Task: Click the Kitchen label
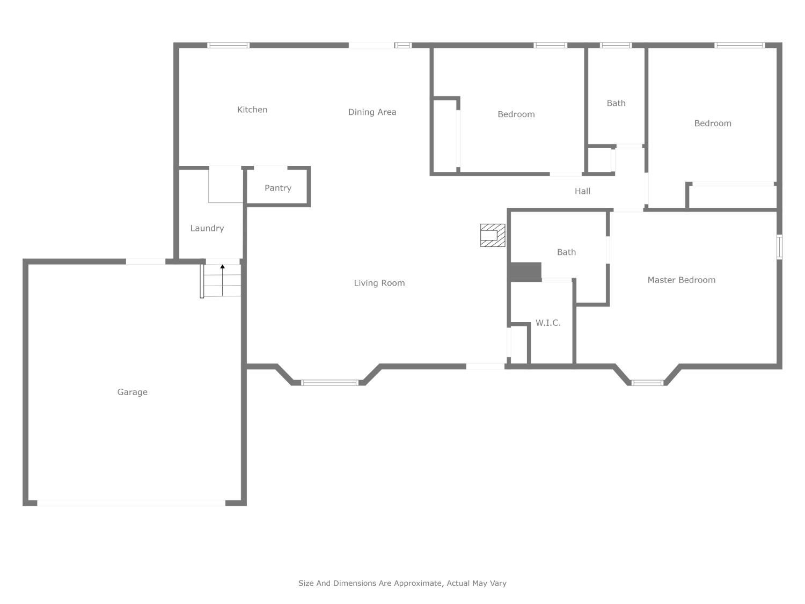[252, 110]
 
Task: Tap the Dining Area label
[372, 112]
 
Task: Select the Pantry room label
[278, 188]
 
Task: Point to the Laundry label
[207, 228]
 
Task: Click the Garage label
[133, 392]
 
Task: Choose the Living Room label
[379, 283]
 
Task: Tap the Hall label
[582, 191]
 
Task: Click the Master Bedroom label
[681, 280]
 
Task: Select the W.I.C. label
[548, 323]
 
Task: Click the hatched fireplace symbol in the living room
[493, 235]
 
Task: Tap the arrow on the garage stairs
[222, 267]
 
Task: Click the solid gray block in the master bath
[525, 272]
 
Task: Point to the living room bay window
[329, 383]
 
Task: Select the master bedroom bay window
[647, 383]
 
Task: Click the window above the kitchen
[229, 46]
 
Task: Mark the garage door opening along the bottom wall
[131, 503]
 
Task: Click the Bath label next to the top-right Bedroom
[616, 103]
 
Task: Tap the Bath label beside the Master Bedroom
[566, 252]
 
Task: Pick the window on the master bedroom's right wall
[779, 247]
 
